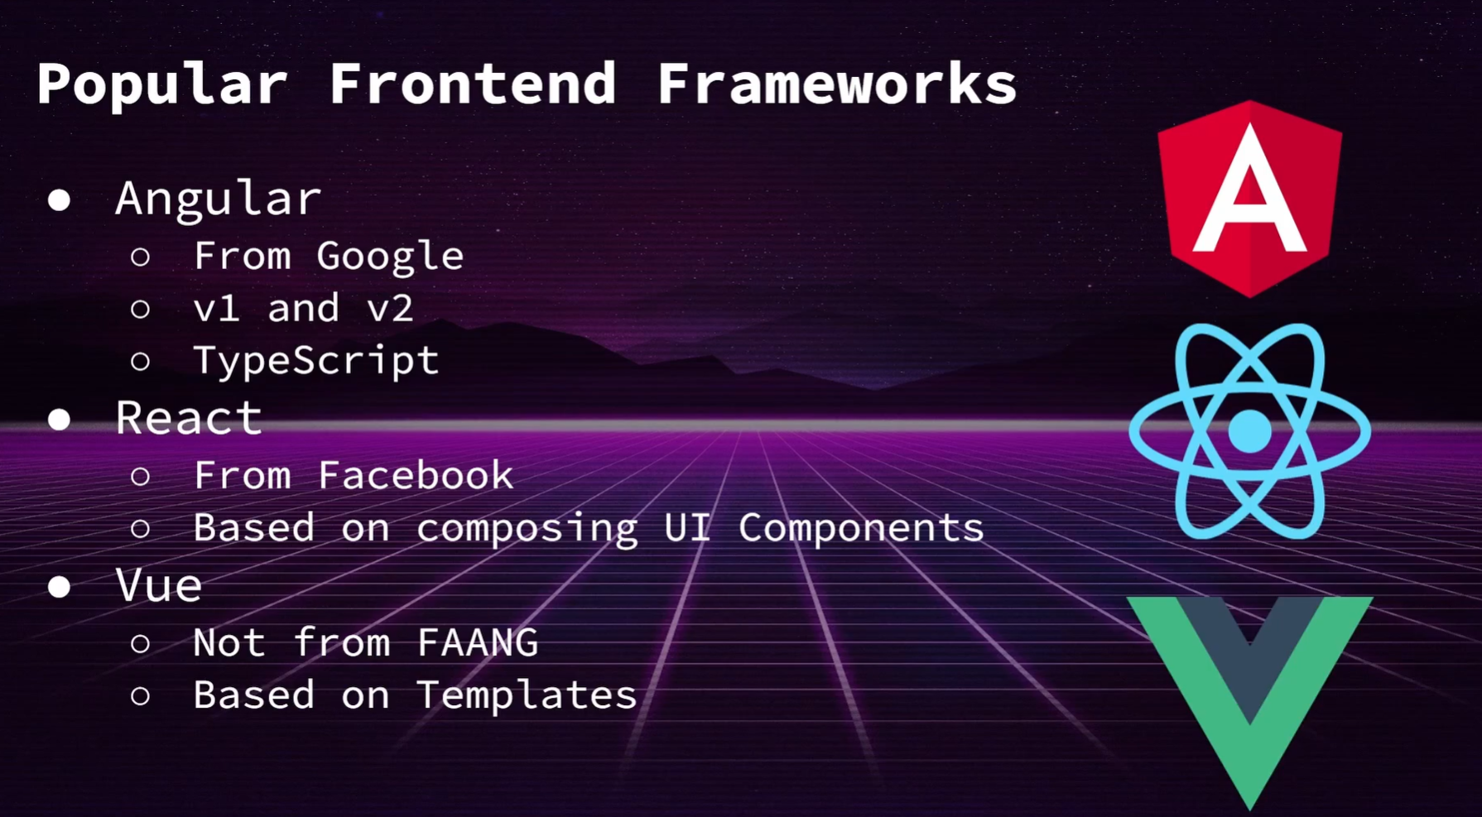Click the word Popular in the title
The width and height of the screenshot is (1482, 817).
[x=161, y=84]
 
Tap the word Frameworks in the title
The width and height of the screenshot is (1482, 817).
[x=836, y=84]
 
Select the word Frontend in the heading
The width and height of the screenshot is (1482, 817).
[x=473, y=84]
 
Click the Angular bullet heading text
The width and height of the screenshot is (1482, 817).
[x=218, y=199]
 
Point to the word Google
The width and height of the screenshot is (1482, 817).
[x=390, y=257]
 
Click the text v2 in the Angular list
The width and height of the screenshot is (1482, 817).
[x=390, y=309]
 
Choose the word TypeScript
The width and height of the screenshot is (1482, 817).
[x=315, y=361]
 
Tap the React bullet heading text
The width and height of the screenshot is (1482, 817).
[x=189, y=418]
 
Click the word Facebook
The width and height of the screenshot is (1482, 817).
[x=415, y=476]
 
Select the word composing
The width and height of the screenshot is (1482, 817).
[x=527, y=529]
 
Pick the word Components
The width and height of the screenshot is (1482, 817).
[x=861, y=528]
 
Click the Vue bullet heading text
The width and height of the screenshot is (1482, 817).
[x=159, y=586]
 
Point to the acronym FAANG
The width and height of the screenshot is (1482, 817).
[x=477, y=643]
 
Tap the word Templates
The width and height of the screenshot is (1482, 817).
[x=527, y=695]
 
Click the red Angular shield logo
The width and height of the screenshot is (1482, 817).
[x=1249, y=199]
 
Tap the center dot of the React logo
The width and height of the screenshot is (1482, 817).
[x=1249, y=431]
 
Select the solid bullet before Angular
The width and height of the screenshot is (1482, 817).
[x=59, y=200]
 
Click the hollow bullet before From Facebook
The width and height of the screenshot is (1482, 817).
[x=140, y=477]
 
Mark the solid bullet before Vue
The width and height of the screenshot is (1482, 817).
[x=59, y=587]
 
